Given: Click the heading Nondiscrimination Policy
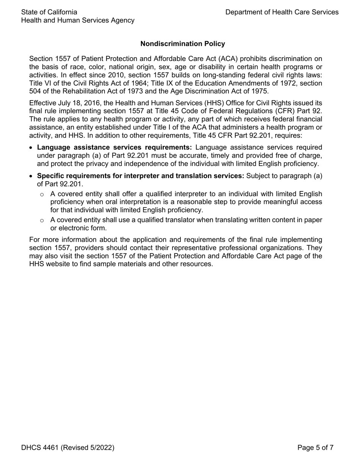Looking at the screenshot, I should click(x=183, y=44).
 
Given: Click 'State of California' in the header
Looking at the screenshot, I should click(x=49, y=12).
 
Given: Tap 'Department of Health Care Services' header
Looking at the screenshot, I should click(x=282, y=12).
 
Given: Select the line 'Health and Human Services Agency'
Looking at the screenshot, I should click(x=78, y=20).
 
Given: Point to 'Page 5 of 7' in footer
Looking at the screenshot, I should click(x=315, y=448).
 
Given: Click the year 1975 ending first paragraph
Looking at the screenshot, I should click(x=260, y=91).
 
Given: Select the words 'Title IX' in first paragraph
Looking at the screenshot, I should click(x=181, y=83).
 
